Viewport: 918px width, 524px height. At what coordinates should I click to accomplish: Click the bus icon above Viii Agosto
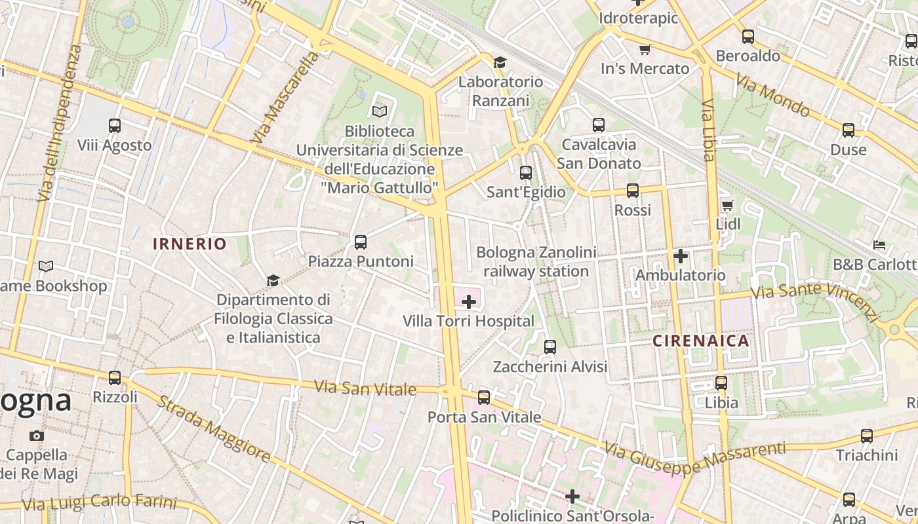[115, 125]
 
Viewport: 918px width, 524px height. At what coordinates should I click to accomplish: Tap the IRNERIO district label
[190, 244]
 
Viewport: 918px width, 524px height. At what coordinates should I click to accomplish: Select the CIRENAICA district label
[701, 341]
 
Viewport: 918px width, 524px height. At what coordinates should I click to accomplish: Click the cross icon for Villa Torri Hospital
[469, 302]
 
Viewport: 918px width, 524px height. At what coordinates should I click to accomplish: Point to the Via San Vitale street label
[365, 388]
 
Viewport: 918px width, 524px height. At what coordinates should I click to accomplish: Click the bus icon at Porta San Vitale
[484, 398]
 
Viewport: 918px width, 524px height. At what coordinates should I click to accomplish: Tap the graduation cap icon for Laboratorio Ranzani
[500, 62]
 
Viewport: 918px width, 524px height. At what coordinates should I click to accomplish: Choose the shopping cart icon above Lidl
[727, 206]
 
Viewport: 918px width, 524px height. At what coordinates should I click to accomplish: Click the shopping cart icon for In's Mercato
[645, 49]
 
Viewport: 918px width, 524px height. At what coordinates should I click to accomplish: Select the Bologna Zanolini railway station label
[536, 262]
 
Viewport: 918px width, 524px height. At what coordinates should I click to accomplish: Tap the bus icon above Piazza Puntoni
[361, 242]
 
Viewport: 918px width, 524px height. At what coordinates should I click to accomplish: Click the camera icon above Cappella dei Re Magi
[37, 436]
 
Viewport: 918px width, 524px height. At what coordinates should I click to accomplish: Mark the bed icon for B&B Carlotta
[879, 246]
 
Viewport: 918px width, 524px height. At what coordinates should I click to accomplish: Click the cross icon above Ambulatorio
[681, 256]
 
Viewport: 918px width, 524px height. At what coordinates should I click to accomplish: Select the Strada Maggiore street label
[213, 429]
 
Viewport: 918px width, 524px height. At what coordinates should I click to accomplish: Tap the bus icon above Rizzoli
[115, 378]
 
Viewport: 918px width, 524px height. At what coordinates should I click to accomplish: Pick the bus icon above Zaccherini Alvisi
[550, 347]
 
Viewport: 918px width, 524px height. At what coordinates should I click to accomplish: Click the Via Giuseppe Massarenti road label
[694, 458]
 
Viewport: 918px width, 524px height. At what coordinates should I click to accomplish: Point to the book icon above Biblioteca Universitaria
[380, 111]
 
